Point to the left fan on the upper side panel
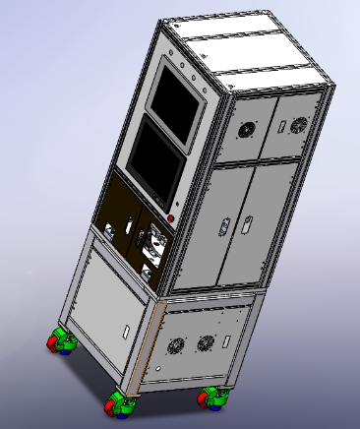point(246,130)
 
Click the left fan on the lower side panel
point(177,346)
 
